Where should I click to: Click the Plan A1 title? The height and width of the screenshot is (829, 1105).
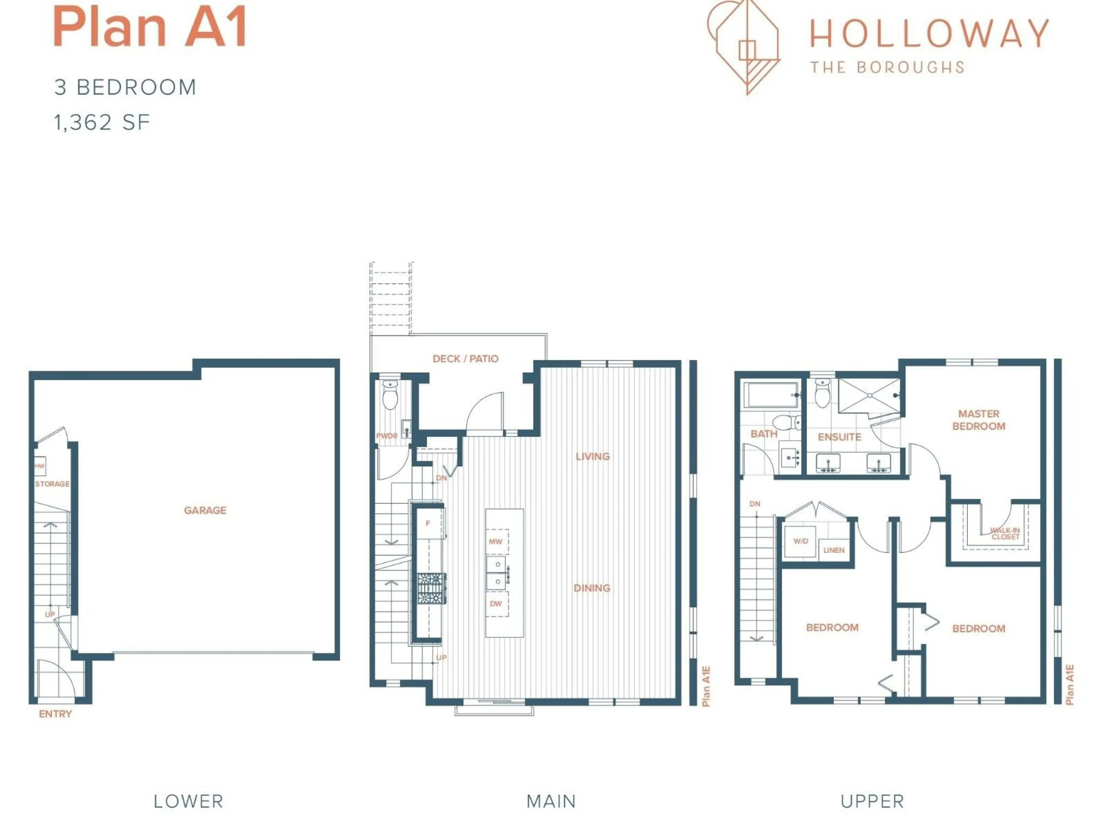[x=150, y=27]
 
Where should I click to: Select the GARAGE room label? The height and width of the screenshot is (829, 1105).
[x=205, y=510]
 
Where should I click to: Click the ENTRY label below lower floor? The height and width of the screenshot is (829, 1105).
[x=56, y=714]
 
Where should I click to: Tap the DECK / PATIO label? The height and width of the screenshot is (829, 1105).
[x=465, y=359]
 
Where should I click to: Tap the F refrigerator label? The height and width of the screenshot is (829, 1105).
[x=428, y=524]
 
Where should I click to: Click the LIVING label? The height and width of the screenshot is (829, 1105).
[x=592, y=456]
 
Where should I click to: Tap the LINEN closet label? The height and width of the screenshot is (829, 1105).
[x=834, y=550]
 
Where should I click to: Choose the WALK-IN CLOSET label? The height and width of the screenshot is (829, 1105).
[x=1005, y=534]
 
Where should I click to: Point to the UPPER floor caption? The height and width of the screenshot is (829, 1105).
[x=872, y=802]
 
